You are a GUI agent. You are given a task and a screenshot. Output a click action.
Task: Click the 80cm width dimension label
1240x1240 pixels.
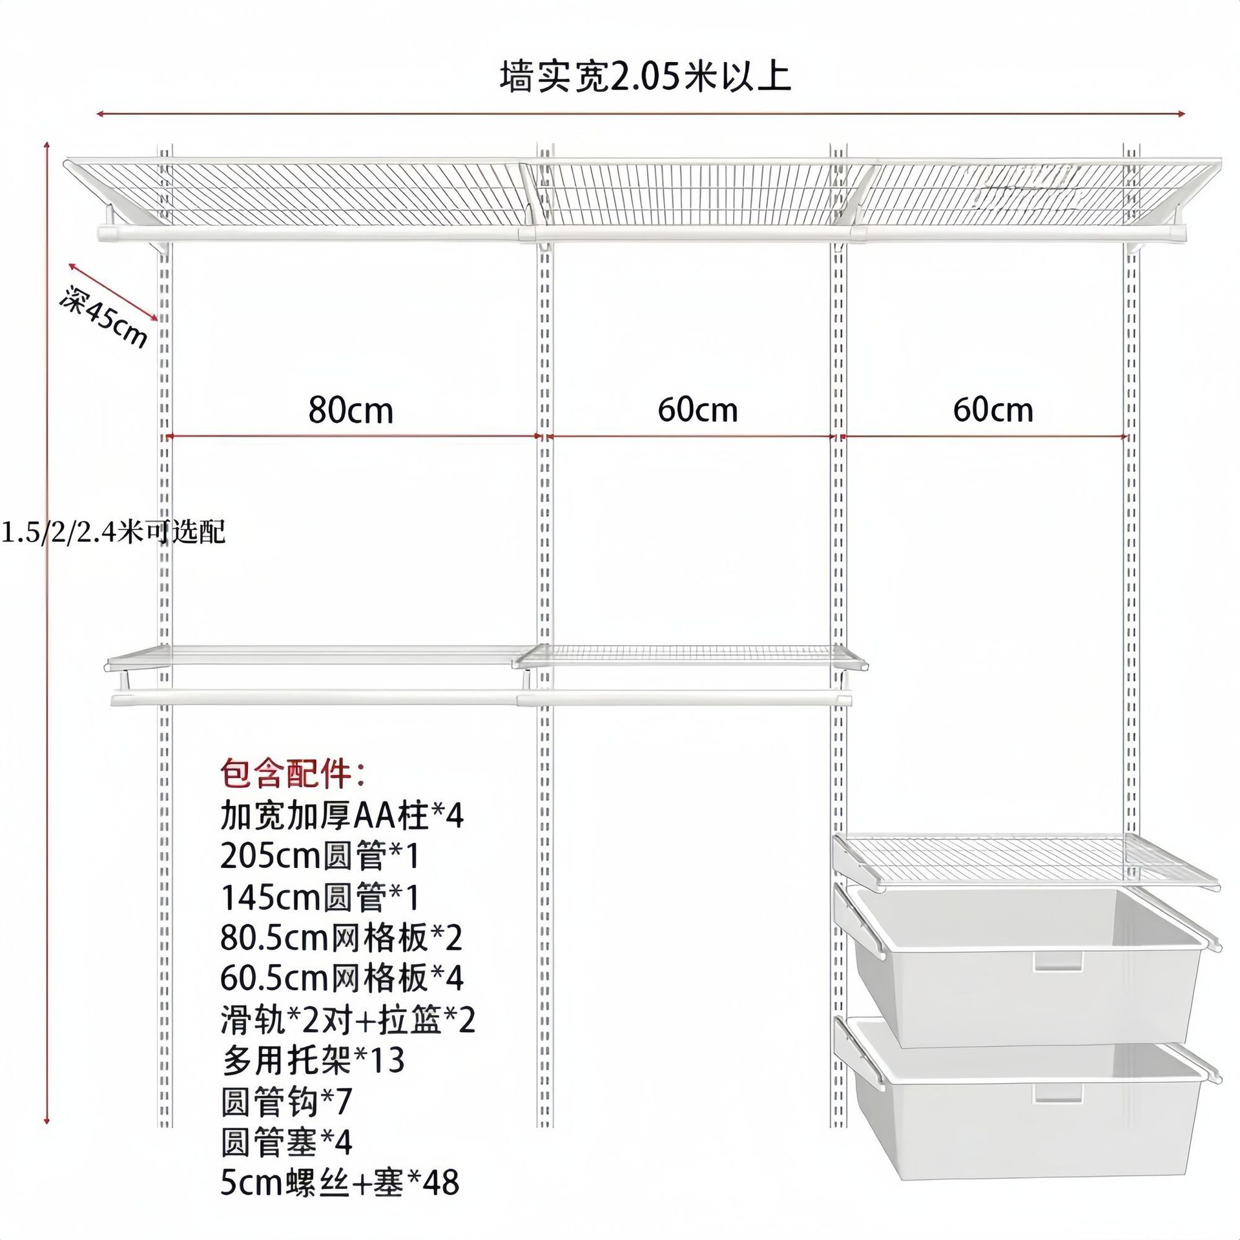351,411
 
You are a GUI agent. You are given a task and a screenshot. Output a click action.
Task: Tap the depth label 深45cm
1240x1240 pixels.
104,316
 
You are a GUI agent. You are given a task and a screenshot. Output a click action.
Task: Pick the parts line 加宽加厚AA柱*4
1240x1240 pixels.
342,815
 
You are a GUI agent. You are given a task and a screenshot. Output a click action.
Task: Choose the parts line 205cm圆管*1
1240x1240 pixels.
320,856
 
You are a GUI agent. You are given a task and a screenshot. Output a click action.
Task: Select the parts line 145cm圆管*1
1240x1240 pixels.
320,897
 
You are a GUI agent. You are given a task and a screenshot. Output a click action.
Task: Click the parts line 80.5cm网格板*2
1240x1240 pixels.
341,938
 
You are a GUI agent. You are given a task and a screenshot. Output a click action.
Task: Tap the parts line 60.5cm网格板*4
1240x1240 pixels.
342,978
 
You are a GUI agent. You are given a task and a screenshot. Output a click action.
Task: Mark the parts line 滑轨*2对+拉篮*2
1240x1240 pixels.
347,1020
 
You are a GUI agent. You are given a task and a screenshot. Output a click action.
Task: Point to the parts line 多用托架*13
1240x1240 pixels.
313,1060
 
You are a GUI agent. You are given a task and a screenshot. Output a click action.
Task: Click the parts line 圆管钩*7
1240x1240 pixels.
286,1102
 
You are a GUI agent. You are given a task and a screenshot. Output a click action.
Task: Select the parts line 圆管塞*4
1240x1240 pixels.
286,1142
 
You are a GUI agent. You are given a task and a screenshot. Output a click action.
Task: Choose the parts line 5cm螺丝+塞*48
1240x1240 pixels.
340,1183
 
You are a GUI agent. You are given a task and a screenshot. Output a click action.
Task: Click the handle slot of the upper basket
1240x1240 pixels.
1058,960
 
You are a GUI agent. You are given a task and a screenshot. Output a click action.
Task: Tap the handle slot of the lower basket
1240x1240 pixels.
1058,1093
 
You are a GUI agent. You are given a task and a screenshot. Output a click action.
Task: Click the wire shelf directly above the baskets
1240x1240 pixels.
1027,859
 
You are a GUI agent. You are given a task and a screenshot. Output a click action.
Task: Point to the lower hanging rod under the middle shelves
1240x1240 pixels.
481,699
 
